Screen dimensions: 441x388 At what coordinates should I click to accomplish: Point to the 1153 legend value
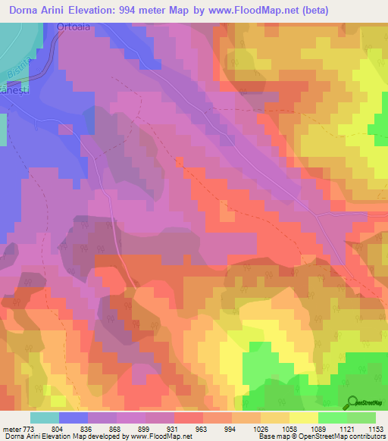pos(374,429)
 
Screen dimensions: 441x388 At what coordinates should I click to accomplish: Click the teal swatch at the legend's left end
pos(45,418)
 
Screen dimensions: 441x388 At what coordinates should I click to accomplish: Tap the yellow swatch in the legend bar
pos(303,418)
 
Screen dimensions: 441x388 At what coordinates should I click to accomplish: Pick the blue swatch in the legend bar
pos(74,418)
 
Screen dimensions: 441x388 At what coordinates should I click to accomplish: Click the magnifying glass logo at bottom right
pos(351,402)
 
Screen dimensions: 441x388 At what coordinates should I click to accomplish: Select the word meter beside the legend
pos(11,429)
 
